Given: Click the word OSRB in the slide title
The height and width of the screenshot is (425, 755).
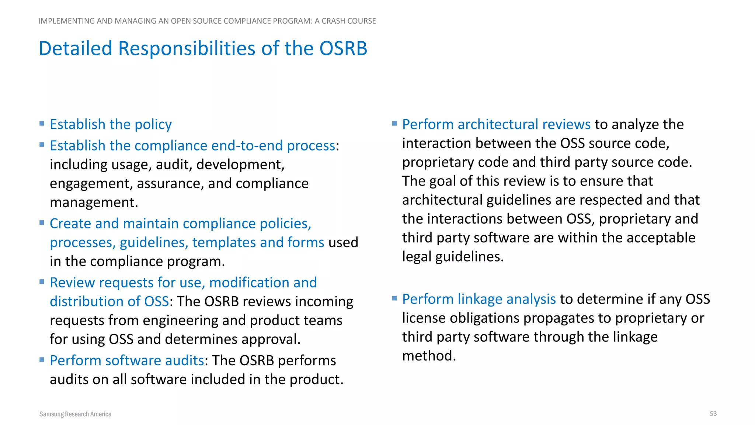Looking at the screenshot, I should click(343, 49).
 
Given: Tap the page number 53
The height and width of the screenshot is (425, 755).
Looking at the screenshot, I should click(713, 414).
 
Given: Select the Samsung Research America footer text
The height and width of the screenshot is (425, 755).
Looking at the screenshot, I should click(75, 414).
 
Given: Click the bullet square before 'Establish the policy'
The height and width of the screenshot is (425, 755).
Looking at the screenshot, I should click(42, 123).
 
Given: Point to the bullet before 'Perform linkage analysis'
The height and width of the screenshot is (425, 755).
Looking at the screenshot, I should click(394, 298).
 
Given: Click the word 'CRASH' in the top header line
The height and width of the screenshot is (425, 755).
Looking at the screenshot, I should click(333, 21).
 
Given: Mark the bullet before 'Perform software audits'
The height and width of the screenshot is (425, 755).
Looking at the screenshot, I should click(42, 359).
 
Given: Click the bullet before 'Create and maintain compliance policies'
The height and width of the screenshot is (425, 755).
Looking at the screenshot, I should click(42, 222).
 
